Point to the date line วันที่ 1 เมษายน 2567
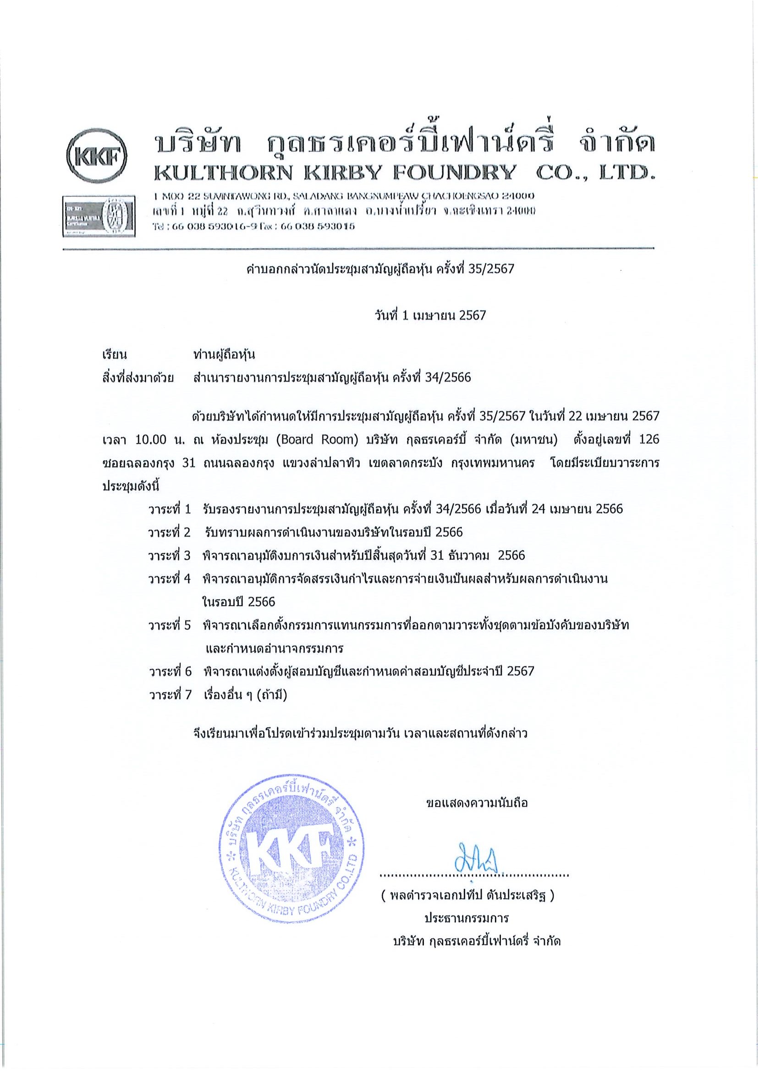pyautogui.click(x=430, y=315)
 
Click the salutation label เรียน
pyautogui.click(x=115, y=354)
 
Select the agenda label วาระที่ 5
pyautogui.click(x=170, y=625)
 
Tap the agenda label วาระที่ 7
pyautogui.click(x=170, y=695)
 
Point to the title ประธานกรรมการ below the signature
pyautogui.click(x=466, y=919)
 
